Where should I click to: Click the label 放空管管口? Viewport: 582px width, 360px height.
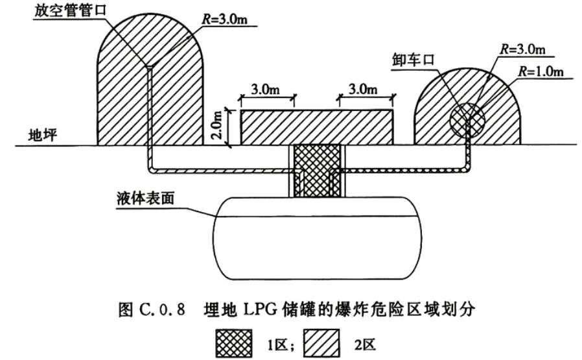(x=71, y=10)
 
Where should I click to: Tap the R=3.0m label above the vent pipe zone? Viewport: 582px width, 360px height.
(x=224, y=19)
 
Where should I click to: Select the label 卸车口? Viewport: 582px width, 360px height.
(x=413, y=60)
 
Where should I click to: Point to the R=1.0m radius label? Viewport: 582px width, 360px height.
(x=541, y=71)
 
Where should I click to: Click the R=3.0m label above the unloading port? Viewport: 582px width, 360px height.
(x=522, y=49)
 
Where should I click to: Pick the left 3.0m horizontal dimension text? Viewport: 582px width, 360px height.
(x=265, y=90)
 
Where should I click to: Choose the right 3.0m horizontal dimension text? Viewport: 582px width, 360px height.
(x=363, y=89)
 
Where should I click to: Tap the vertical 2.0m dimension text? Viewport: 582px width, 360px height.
(x=218, y=125)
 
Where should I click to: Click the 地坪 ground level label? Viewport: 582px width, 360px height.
(x=43, y=135)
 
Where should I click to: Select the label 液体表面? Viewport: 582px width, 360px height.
(x=145, y=198)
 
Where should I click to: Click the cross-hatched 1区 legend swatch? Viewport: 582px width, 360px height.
(x=234, y=343)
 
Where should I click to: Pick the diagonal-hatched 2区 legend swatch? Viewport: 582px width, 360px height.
(x=321, y=343)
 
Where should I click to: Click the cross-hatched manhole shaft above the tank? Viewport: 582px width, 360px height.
(x=317, y=171)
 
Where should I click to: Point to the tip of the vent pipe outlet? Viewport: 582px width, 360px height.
(x=150, y=67)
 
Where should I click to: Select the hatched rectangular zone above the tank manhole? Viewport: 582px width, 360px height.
(x=317, y=127)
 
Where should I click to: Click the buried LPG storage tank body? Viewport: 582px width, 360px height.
(x=318, y=238)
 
